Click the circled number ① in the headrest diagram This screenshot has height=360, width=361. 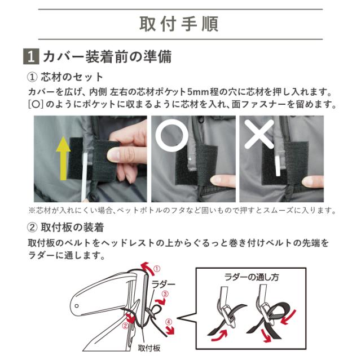[157, 269]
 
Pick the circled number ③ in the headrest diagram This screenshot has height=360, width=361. [165, 294]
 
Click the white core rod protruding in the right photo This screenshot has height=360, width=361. [278, 166]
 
